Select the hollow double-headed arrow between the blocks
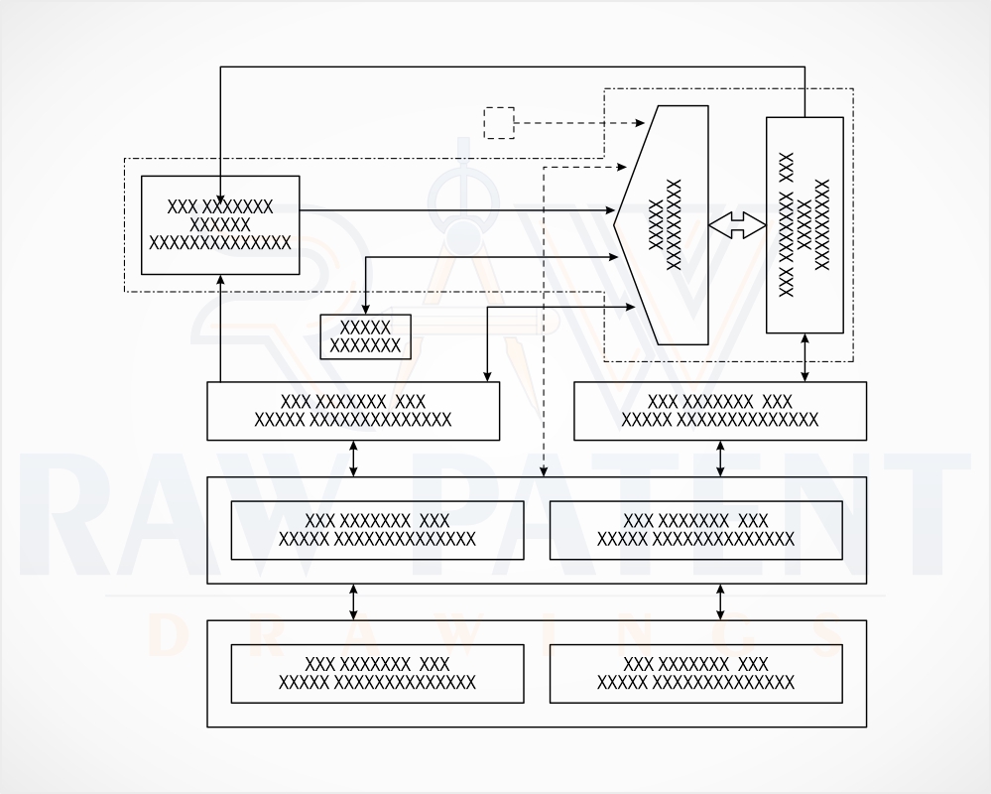tap(737, 225)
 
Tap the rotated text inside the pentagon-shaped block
tap(666, 225)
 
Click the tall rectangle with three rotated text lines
tap(805, 225)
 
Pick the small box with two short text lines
tap(365, 336)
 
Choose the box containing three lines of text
tap(220, 225)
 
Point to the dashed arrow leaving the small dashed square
tap(579, 123)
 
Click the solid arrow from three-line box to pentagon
tap(457, 209)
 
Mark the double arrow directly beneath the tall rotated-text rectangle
tap(805, 357)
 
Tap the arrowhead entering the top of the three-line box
tap(220, 196)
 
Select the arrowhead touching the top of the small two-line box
tap(365, 309)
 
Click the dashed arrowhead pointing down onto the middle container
tap(544, 471)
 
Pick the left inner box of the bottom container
tap(377, 674)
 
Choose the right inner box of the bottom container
tap(695, 674)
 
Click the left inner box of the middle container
tap(377, 530)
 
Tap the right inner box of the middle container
tap(695, 530)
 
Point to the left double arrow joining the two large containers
tap(353, 601)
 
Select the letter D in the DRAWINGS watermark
tap(167, 636)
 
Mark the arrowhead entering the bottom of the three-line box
tap(220, 280)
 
